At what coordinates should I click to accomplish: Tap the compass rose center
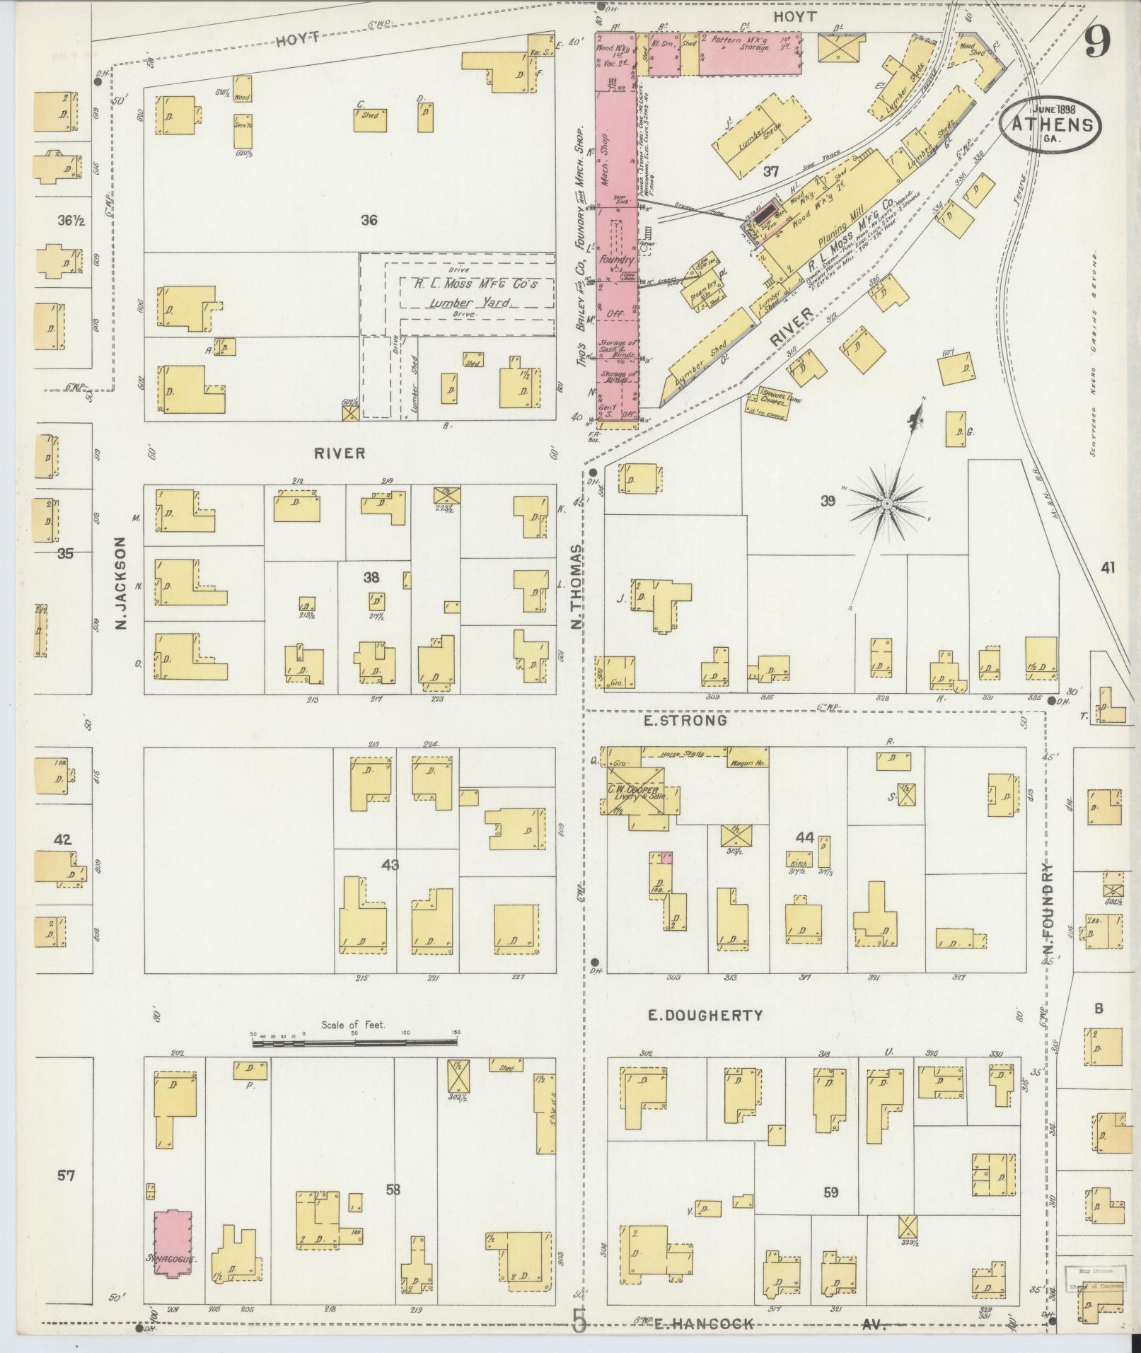point(886,502)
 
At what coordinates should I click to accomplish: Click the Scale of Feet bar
point(356,1043)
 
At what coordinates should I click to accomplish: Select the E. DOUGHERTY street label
point(706,1016)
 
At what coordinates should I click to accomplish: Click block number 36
point(369,220)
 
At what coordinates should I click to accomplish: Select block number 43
point(390,864)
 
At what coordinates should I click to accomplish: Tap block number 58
point(393,1190)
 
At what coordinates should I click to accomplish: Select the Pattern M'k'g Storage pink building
point(750,54)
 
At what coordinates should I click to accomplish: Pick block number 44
point(804,838)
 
